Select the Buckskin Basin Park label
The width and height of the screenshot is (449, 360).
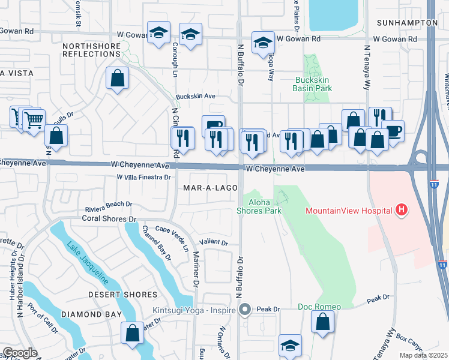tap(312, 84)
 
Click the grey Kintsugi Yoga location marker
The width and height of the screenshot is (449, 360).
tap(244, 310)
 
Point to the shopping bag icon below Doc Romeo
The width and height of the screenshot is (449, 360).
tap(323, 322)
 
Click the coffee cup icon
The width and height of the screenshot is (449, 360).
tap(393, 131)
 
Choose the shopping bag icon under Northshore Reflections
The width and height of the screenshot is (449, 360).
tap(117, 78)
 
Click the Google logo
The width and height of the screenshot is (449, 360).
tap(20, 353)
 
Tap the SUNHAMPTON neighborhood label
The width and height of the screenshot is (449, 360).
tap(407, 22)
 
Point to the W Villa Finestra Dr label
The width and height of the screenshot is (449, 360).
tap(144, 177)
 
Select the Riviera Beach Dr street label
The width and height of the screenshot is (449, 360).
tap(108, 204)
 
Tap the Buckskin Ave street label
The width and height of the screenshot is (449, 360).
tap(195, 96)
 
